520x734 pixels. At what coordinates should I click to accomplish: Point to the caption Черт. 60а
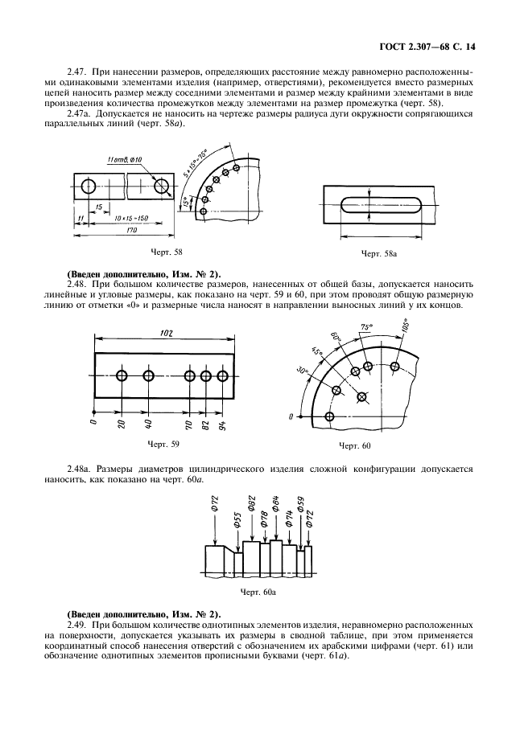[x=259, y=593]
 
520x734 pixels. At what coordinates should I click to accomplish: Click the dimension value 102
[x=165, y=333]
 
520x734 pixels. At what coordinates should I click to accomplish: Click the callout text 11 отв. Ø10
[x=124, y=161]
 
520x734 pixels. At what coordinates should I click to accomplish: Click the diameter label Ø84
[x=276, y=505]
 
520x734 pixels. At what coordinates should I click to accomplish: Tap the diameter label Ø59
[x=300, y=505]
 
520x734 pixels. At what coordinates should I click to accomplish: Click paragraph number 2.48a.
[x=80, y=467]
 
